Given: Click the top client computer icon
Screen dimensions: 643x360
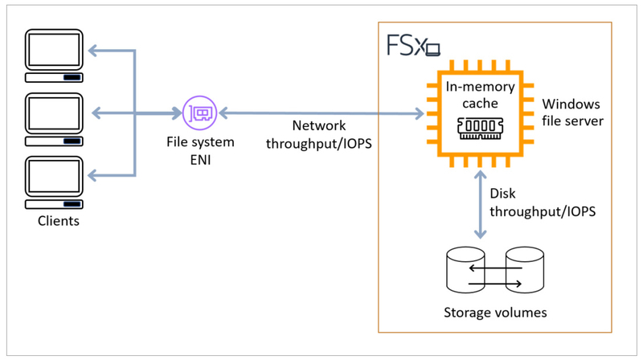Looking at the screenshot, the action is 54,55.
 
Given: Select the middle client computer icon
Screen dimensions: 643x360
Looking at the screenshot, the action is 54,119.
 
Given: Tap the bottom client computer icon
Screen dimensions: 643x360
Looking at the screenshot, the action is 54,182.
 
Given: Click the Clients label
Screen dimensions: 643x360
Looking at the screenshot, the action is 59,221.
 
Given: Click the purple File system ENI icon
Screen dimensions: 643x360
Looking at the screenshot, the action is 199,112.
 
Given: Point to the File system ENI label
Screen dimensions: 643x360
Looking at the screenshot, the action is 200,150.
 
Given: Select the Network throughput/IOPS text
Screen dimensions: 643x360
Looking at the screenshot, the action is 319,134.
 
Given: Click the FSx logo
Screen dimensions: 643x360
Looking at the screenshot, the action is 413,45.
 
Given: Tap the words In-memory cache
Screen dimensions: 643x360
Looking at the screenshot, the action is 480,95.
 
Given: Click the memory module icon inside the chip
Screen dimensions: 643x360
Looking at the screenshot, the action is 480,129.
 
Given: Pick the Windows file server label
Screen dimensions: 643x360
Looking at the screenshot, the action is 572,112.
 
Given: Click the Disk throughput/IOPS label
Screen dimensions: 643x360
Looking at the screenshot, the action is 543,202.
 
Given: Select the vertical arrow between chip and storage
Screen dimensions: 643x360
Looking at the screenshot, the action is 480,204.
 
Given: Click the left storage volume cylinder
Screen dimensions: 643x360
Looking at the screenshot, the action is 465,269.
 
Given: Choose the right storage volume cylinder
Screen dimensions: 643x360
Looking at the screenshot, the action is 525,269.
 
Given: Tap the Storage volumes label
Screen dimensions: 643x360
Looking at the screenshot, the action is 495,313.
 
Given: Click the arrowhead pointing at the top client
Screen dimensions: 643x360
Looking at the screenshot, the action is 92,51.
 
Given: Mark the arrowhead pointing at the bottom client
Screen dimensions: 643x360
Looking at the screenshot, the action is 92,176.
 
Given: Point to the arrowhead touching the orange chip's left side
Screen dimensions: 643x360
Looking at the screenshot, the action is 420,113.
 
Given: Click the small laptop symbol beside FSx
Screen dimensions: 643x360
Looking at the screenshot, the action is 433,50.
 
